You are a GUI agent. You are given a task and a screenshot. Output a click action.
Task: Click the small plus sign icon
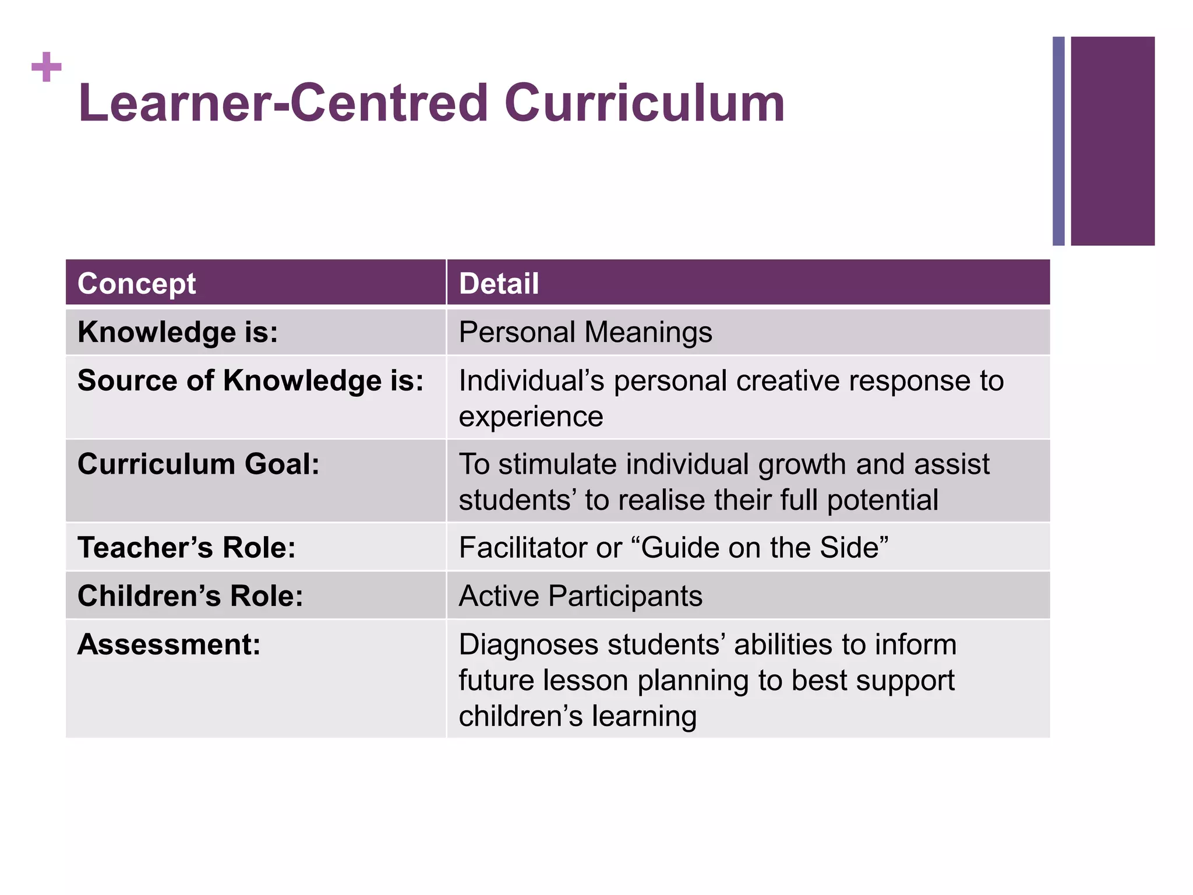tap(47, 67)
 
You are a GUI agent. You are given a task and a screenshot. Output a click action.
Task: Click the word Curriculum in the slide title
tap(645, 104)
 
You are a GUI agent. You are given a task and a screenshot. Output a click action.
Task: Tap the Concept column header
tap(136, 284)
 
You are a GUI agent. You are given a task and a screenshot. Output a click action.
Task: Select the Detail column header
tap(499, 284)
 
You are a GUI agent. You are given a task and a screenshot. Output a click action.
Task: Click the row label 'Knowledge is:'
tap(178, 332)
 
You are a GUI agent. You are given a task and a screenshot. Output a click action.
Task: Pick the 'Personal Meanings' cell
tap(585, 332)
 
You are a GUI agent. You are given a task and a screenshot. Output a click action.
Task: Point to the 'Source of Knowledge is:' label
tap(250, 381)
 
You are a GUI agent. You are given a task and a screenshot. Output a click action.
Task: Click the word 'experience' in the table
tap(531, 417)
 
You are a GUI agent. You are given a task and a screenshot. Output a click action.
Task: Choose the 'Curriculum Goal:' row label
tap(199, 464)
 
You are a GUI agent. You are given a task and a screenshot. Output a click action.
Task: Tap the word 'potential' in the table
tap(883, 500)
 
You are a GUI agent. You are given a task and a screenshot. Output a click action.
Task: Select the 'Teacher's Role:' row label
tap(186, 548)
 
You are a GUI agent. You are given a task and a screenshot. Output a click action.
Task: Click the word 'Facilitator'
tap(524, 548)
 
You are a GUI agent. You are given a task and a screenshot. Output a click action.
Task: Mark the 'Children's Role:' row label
tap(190, 596)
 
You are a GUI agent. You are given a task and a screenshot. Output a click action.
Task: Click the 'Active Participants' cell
tap(580, 596)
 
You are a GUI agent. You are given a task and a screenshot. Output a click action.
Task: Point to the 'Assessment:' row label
tap(169, 644)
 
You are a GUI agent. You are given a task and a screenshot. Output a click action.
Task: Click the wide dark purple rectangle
tap(1112, 141)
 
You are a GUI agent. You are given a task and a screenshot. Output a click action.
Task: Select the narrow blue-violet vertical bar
tap(1058, 141)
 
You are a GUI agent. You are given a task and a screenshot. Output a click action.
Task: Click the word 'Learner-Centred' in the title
tap(283, 104)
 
